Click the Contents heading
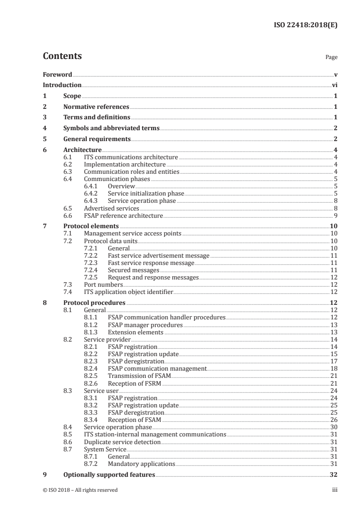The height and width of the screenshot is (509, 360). pos(62,56)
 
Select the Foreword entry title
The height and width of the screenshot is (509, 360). pos(57,74)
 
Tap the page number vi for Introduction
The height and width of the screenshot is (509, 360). pos(334,85)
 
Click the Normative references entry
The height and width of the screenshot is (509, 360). pos(96,107)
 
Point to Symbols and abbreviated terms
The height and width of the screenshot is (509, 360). pos(111,128)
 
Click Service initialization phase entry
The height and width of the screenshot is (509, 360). pos(146,193)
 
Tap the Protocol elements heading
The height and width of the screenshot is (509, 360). pos(91,226)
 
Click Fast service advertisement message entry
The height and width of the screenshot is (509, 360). pos(158,255)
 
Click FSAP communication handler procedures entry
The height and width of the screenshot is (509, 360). pos(166,317)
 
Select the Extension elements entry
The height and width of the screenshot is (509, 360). pos(135,332)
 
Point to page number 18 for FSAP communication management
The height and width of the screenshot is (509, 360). pos(334,368)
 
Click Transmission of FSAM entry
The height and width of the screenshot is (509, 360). pos(139,376)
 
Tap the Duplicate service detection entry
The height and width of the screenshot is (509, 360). pos(122,441)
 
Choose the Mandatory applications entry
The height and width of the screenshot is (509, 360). pos(141,464)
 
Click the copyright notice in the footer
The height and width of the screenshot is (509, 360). pos(80,490)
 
